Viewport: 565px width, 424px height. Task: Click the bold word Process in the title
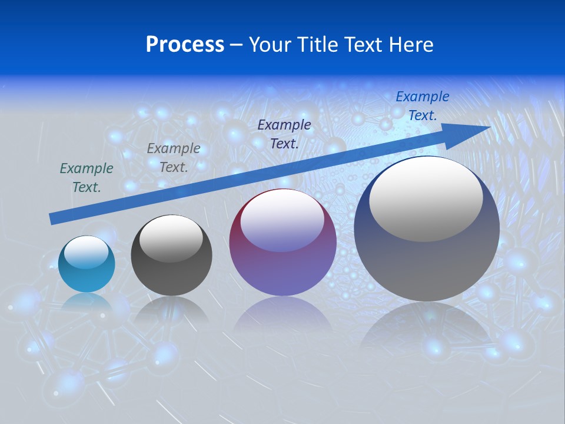coord(185,45)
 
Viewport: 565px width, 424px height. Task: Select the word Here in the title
coord(410,45)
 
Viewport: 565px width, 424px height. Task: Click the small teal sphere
coord(87,274)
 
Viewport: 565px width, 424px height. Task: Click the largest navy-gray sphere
coord(427,265)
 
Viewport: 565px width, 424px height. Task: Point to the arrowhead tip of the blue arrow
coord(489,127)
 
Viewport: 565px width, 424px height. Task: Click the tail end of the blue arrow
coord(52,219)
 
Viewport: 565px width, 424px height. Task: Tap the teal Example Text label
coord(87,178)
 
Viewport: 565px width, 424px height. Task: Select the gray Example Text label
coord(174,158)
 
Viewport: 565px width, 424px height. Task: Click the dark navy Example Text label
coord(284,134)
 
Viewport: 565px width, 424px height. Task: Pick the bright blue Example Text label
coord(422,106)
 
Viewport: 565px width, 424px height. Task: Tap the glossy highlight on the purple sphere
coord(282,221)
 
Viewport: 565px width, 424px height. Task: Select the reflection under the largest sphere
coord(427,330)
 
